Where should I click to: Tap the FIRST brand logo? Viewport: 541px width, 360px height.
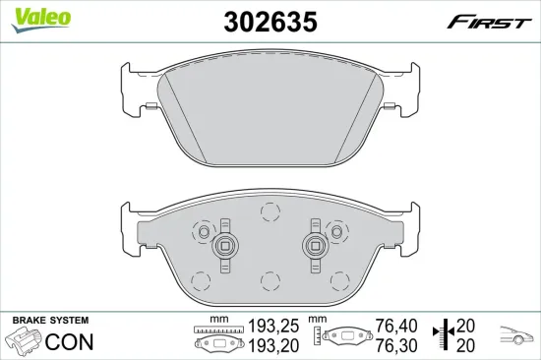point(489,23)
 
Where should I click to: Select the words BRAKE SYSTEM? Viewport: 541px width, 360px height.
point(49,321)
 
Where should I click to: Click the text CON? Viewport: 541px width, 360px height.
point(69,342)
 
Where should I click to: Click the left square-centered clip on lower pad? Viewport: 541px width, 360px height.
point(225,247)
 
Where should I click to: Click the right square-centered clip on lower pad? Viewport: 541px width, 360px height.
point(315,247)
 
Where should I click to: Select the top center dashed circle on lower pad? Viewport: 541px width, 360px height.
point(269,210)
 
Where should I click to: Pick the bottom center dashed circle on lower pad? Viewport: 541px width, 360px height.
point(269,279)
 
